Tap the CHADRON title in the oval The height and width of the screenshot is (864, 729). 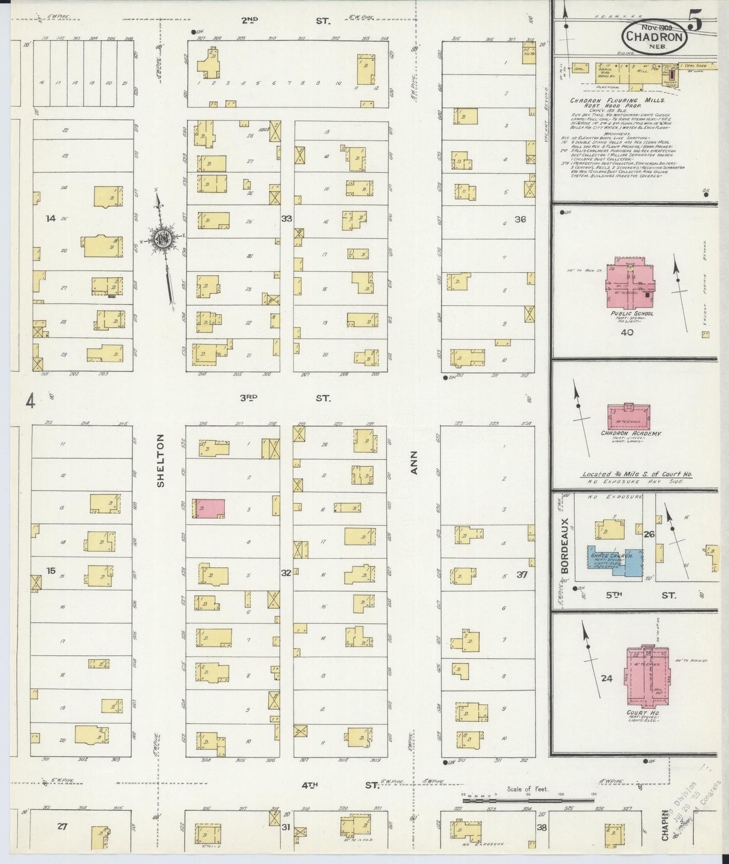(654, 36)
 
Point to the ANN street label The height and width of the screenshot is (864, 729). (415, 462)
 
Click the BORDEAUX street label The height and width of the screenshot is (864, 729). (565, 545)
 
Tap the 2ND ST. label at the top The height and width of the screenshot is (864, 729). (285, 21)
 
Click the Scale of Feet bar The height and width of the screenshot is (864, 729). (527, 800)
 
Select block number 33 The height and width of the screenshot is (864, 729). (287, 219)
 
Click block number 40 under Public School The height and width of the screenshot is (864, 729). (627, 332)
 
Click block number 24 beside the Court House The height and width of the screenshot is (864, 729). (607, 678)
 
